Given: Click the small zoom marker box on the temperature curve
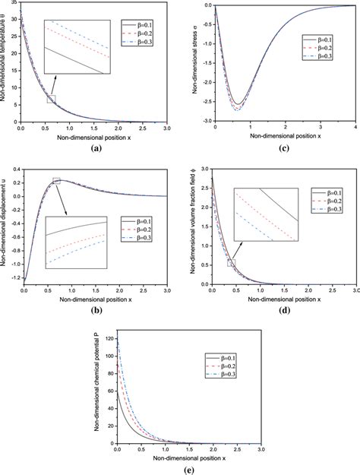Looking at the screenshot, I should pos(51,99).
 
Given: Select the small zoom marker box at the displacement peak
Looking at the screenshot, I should pos(55,181).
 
